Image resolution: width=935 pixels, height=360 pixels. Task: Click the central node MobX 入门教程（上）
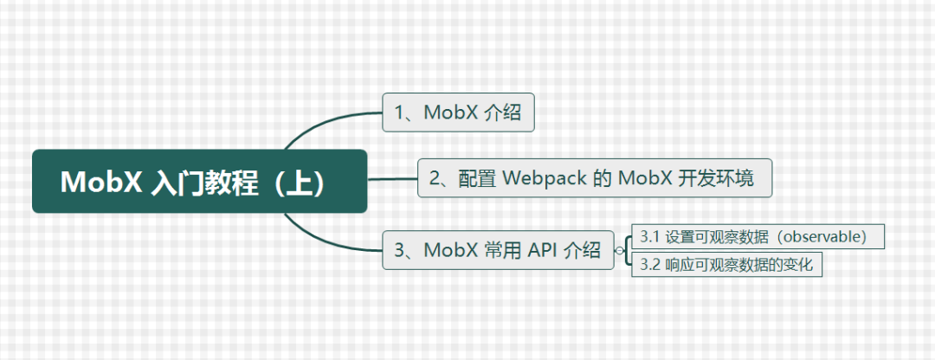pos(199,182)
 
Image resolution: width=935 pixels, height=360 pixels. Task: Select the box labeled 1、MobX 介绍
pos(458,112)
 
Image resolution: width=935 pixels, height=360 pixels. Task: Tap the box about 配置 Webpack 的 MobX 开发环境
pos(594,178)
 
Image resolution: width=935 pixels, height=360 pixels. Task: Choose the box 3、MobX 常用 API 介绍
pos(498,250)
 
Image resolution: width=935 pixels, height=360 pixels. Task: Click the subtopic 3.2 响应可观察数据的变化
pos(725,266)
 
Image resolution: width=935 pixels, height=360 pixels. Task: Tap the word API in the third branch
pos(542,250)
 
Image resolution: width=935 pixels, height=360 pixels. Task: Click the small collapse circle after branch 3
pos(619,251)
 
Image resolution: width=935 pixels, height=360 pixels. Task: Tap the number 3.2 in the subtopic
pos(649,266)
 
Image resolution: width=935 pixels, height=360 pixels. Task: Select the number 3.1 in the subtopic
pos(649,236)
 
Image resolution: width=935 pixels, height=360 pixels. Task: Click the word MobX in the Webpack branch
pos(643,178)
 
